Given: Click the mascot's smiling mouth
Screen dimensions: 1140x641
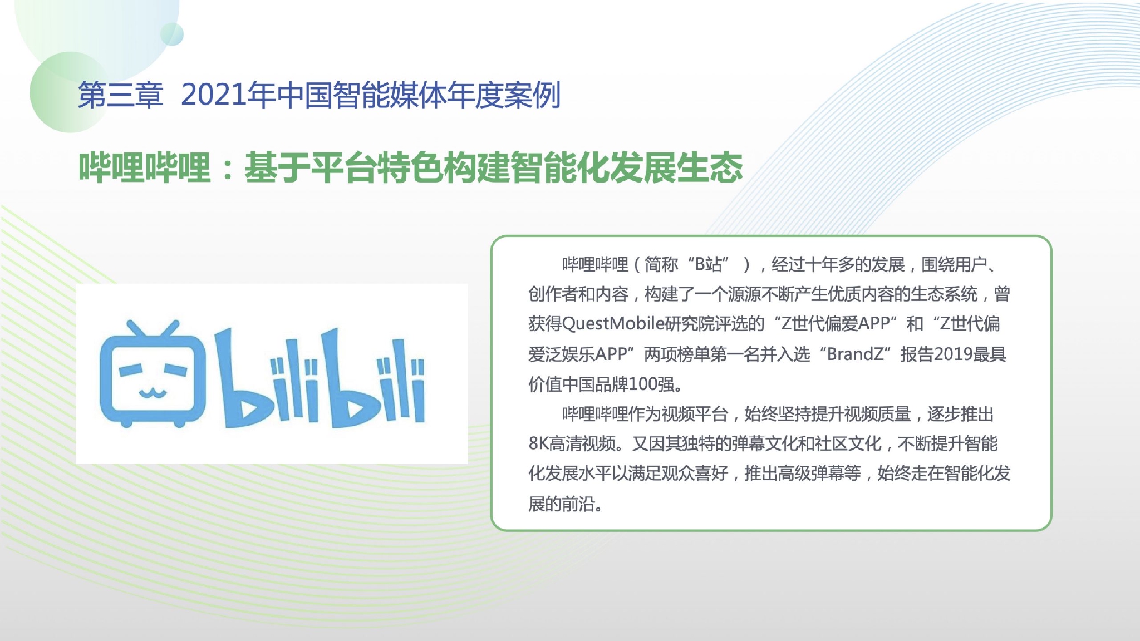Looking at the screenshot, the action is click(x=153, y=395).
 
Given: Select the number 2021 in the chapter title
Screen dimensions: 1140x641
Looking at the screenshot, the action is click(x=214, y=95).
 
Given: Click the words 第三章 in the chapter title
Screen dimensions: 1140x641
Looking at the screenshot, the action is click(x=120, y=95).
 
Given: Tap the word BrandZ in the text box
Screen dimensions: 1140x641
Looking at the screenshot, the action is click(x=855, y=354).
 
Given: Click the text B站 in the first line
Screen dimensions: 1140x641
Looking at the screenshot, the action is click(x=708, y=264).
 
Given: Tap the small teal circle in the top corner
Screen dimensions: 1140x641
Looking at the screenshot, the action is click(x=172, y=34).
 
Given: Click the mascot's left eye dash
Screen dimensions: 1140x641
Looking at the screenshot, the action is click(x=131, y=370).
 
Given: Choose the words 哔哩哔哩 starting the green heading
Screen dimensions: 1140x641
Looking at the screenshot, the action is click(x=145, y=168).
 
